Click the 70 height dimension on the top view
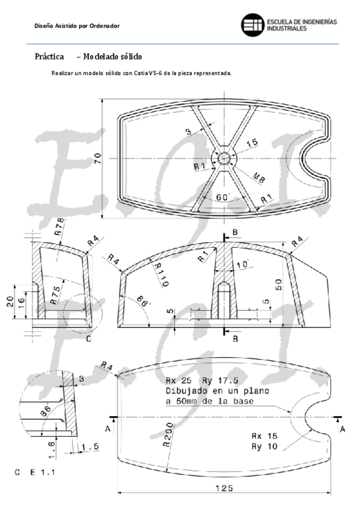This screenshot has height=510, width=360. click(97, 158)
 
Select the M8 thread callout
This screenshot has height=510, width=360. click(258, 177)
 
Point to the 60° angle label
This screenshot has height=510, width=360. click(223, 197)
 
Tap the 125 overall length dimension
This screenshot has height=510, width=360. click(224, 488)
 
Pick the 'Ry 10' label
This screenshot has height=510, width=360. click(264, 447)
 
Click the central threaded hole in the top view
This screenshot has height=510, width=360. click(224, 158)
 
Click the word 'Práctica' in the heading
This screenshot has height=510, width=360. click(49, 57)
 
